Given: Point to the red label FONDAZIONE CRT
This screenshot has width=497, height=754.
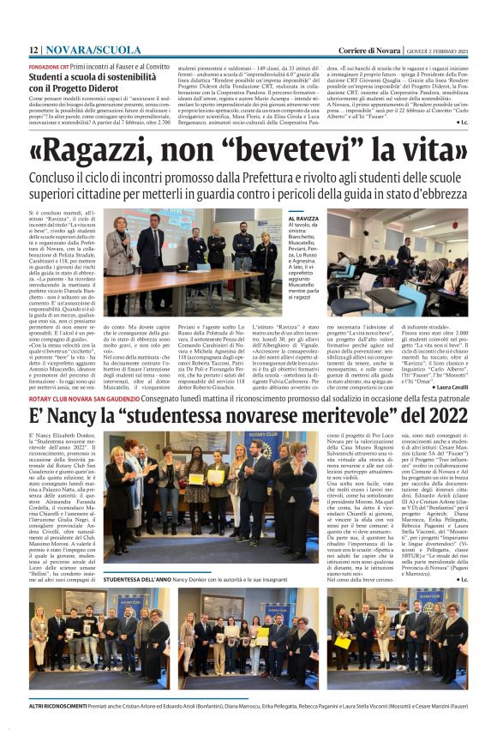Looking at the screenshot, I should (x=50, y=66).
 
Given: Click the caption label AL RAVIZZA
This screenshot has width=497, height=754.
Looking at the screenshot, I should (x=276, y=220).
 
